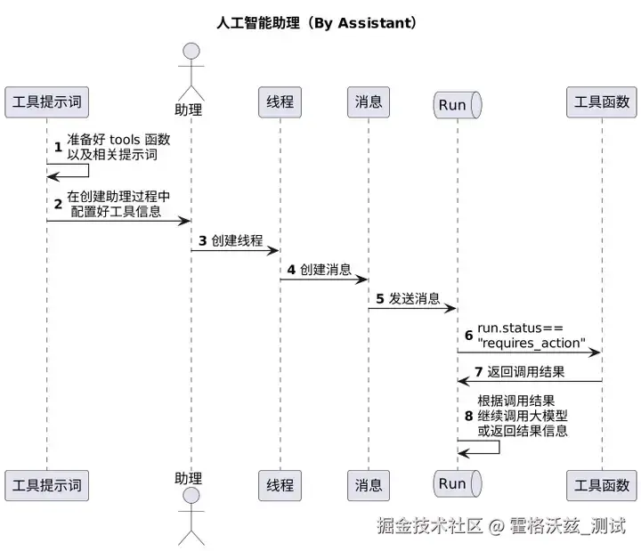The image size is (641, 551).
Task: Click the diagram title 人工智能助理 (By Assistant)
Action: [x=317, y=22]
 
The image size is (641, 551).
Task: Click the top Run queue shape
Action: [x=457, y=104]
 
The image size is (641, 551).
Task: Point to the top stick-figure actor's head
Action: [x=191, y=52]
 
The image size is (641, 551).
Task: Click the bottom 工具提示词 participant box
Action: [x=47, y=485]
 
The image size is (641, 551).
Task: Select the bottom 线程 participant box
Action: [x=280, y=485]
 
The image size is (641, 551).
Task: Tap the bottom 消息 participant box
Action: [x=369, y=485]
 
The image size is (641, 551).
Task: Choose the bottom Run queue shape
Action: [x=457, y=483]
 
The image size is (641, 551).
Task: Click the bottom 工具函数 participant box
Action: [x=602, y=485]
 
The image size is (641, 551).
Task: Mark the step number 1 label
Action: [x=58, y=146]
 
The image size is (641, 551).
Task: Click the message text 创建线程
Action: [x=237, y=240]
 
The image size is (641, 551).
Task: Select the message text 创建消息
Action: [x=326, y=270]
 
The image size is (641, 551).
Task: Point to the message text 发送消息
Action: [x=414, y=299]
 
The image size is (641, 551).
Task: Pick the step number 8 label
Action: [x=469, y=416]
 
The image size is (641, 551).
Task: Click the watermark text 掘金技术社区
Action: [x=429, y=525]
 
